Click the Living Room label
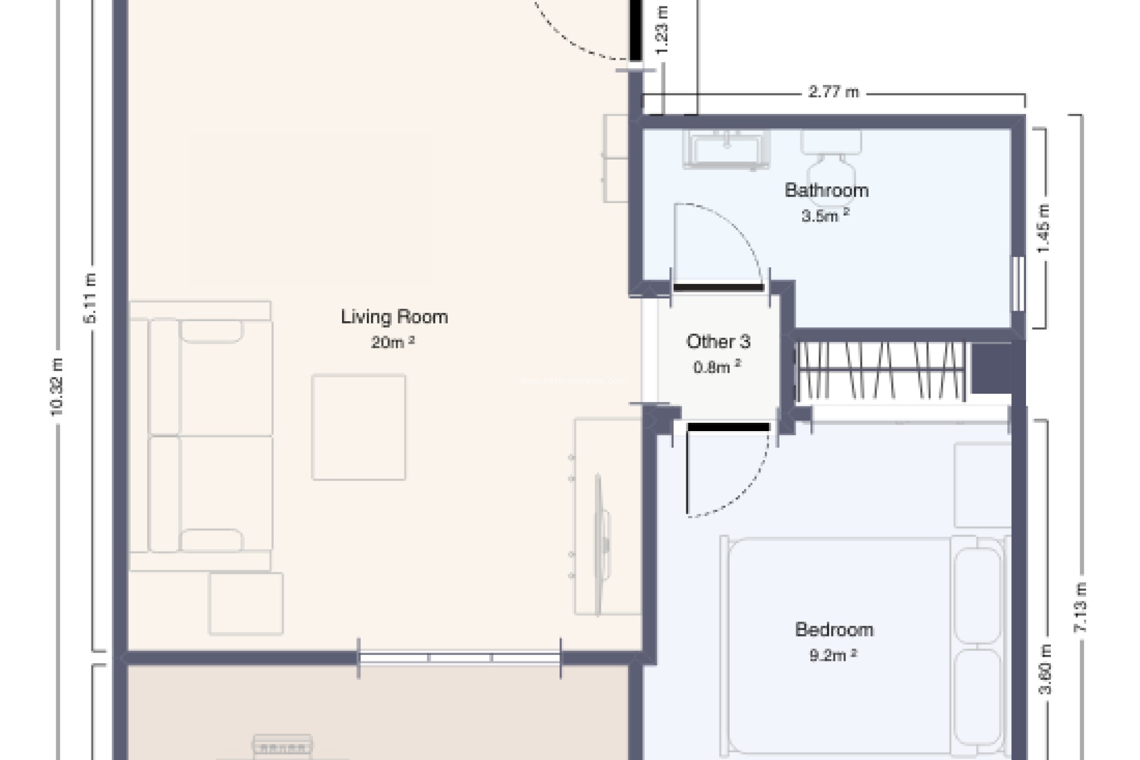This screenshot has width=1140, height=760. coord(394,316)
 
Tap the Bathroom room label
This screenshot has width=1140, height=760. coord(826,190)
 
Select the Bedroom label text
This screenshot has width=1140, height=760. coord(834,629)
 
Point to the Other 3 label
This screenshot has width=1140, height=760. coord(718,341)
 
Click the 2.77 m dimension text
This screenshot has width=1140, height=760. coord(833,92)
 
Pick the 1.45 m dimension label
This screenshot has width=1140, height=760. coord(1043,228)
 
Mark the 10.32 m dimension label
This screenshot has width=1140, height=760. coord(57,386)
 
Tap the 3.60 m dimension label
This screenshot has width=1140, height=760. coord(1045,669)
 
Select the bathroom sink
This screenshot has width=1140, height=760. coord(726,148)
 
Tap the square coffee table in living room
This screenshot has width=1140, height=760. coord(359,427)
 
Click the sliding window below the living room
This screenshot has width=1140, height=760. coord(459,658)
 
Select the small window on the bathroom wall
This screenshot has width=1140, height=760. coord(1018,284)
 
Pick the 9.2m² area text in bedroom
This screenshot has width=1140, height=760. coord(832,655)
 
